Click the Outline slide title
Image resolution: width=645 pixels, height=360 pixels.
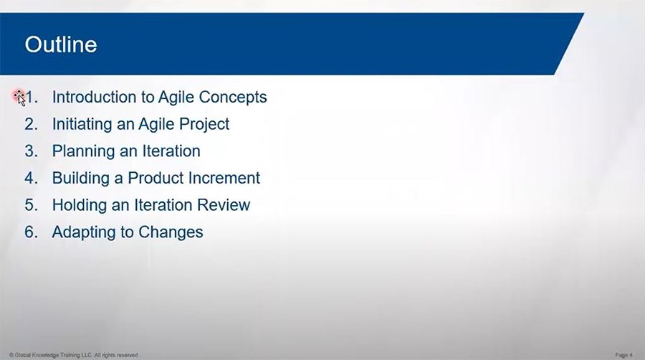click(61, 45)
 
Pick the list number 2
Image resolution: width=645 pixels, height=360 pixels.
click(30, 124)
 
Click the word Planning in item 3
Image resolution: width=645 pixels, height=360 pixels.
click(79, 151)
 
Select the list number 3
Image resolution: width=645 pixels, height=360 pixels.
click(30, 151)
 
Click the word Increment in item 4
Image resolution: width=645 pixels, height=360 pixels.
click(225, 178)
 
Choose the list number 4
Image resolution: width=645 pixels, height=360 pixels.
click(30, 178)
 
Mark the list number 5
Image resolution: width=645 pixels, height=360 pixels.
click(30, 205)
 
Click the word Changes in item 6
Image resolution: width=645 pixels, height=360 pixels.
click(175, 232)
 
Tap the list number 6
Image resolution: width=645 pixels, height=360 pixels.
click(30, 232)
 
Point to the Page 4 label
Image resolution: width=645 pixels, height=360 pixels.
click(623, 355)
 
